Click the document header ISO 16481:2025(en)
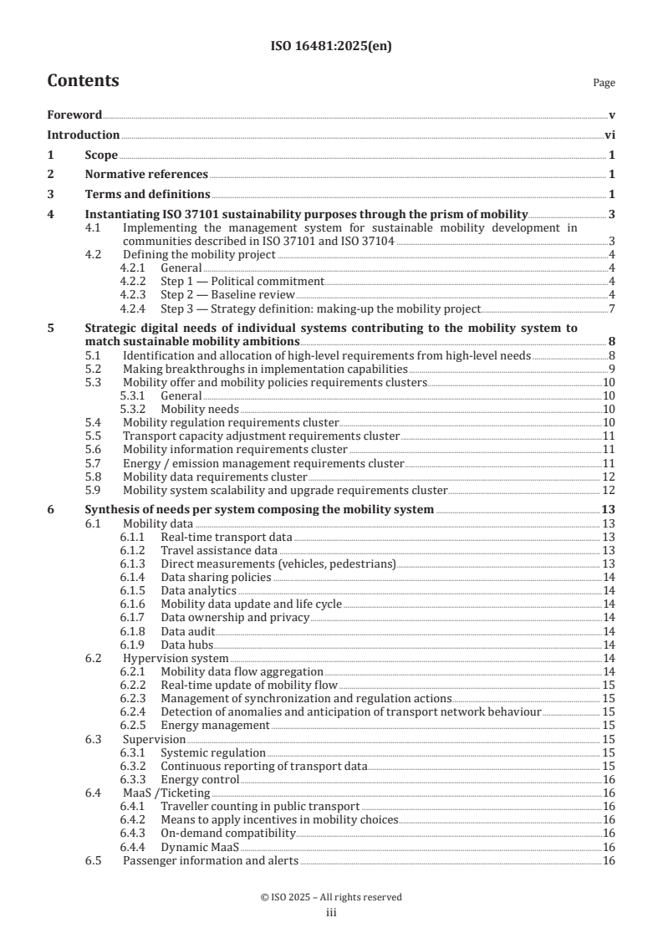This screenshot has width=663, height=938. (x=331, y=47)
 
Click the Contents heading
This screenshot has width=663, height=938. (x=83, y=81)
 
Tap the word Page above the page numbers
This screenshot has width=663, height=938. (x=604, y=83)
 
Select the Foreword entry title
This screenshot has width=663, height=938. (x=74, y=115)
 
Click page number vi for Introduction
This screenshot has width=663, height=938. (x=609, y=135)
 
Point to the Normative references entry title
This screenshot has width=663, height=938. (x=146, y=175)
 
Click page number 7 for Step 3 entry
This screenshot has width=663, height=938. (x=613, y=308)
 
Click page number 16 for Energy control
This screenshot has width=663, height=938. (x=609, y=779)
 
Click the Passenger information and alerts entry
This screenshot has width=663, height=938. (x=210, y=860)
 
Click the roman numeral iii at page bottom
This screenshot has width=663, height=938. (x=331, y=913)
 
